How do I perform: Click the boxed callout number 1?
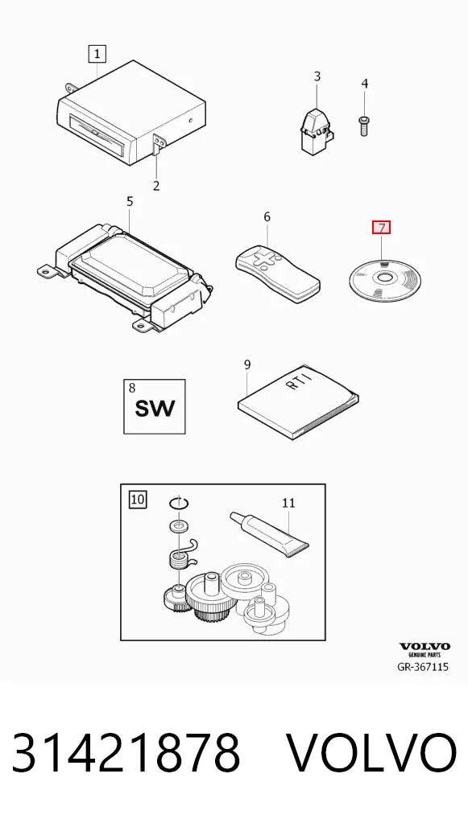pos(97,53)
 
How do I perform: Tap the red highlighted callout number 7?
pos(381,228)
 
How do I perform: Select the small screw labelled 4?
pos(364,126)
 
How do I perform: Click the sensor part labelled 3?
pos(316,130)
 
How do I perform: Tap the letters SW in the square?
pos(155,407)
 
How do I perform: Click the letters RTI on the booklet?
pos(301,381)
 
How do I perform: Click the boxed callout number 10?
pos(138,500)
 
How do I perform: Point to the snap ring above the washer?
pos(179,504)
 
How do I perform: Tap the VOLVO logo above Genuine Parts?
pos(424,646)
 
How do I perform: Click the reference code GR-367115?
pos(423,666)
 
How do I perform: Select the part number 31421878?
pos(126,753)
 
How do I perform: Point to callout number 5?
pos(130,201)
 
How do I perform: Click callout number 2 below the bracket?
pos(155,185)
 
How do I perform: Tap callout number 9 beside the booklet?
pos(247,364)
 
